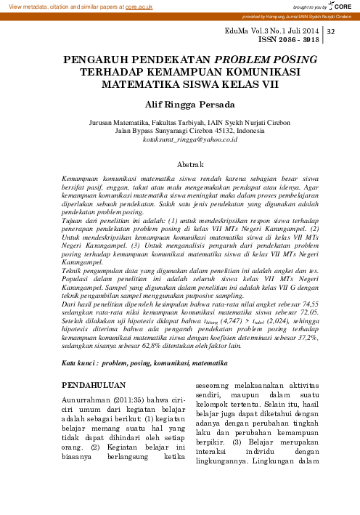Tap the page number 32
point(332,33)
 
